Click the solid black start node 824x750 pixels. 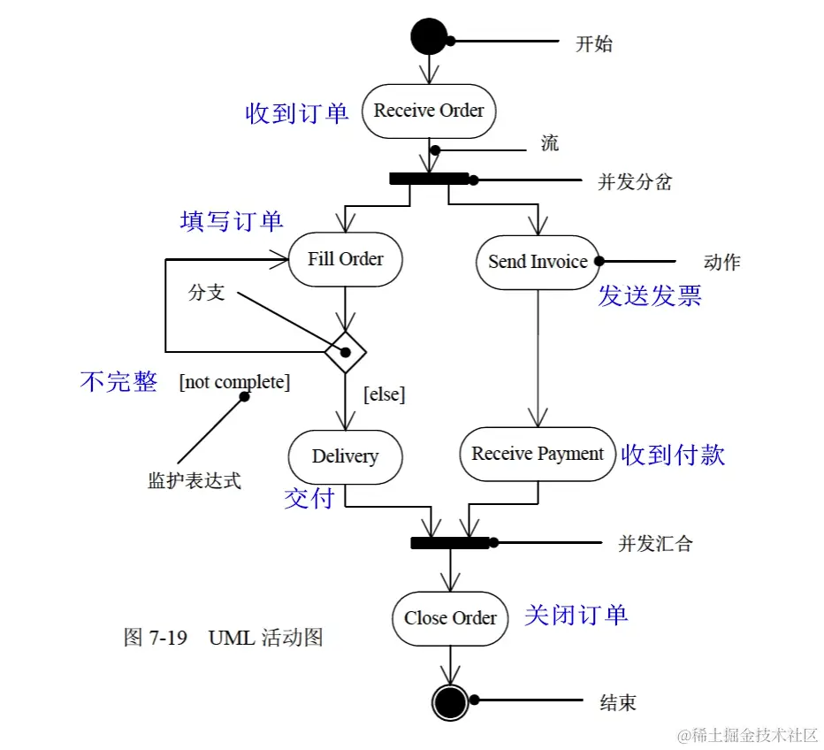click(x=429, y=36)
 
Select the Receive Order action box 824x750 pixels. click(x=429, y=111)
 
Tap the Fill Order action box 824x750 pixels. click(x=345, y=259)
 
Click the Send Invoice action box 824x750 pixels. click(x=538, y=262)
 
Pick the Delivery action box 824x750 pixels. click(x=345, y=456)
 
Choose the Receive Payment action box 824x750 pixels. click(x=538, y=454)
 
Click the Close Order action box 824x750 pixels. click(x=450, y=618)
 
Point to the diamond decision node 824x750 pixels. click(x=345, y=353)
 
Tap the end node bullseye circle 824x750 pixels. click(x=450, y=702)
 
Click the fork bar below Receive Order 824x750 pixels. click(x=429, y=179)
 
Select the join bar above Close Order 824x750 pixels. click(x=450, y=542)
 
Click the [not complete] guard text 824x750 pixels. click(x=234, y=382)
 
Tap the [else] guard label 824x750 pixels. click(x=385, y=394)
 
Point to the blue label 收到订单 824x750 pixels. click(x=297, y=113)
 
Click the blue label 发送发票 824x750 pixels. click(x=650, y=296)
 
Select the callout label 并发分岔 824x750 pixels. click(x=635, y=182)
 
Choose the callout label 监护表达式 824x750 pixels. click(x=194, y=481)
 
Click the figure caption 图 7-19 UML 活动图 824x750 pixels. click(x=223, y=638)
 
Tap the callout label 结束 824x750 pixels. click(x=618, y=703)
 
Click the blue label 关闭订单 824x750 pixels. click(x=576, y=615)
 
